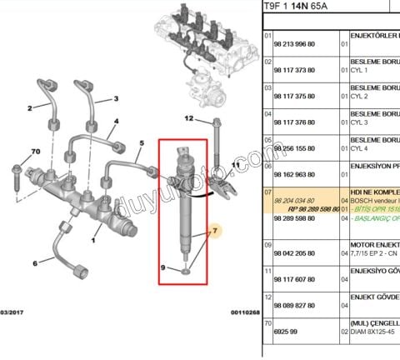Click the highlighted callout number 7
coord(214,230)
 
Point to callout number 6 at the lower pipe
coord(35,264)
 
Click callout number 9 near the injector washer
coord(164,267)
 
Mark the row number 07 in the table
coord(268,192)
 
